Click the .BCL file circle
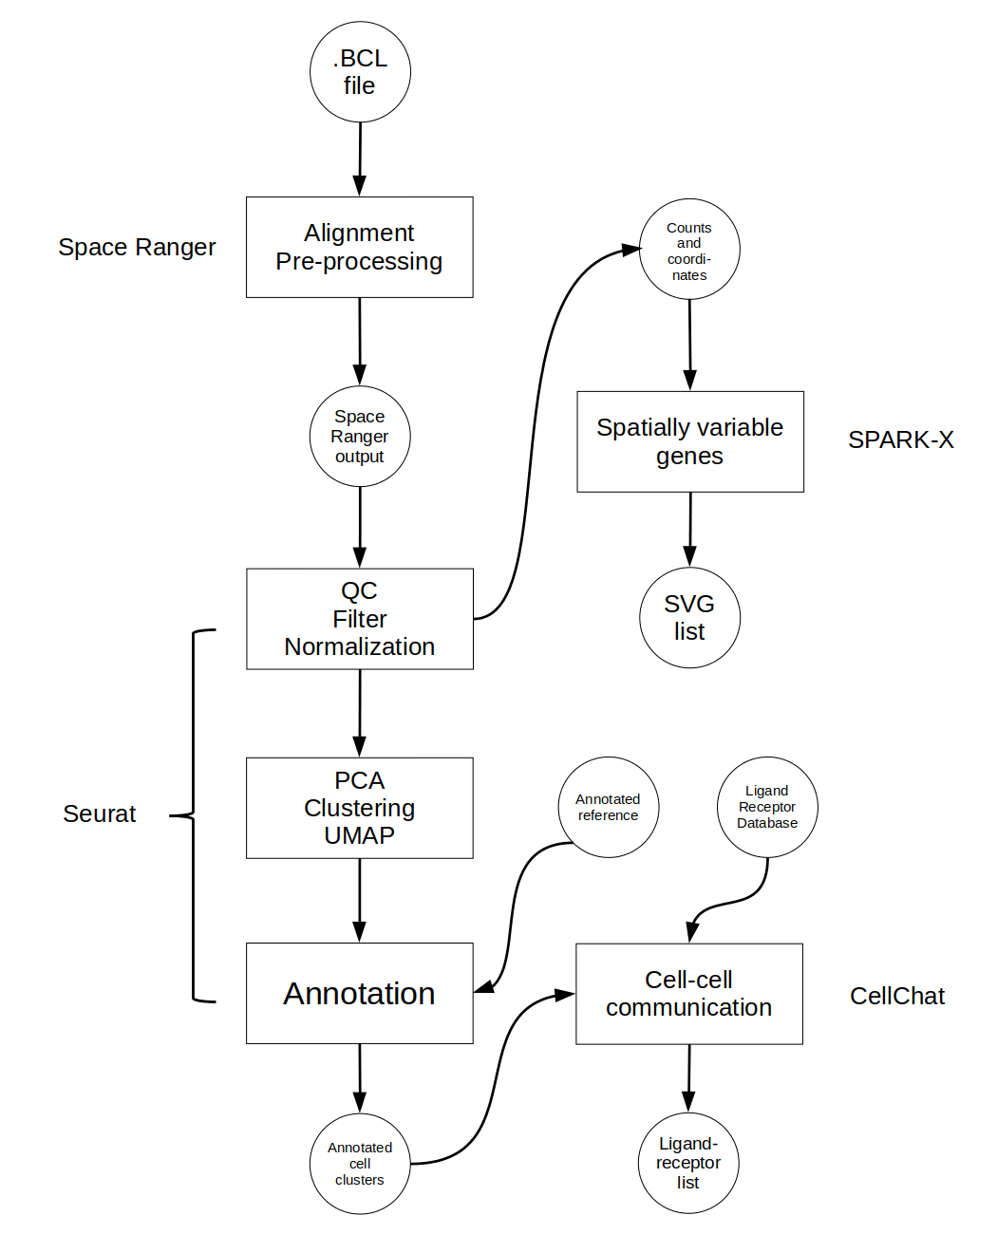[360, 72]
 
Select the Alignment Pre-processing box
[359, 247]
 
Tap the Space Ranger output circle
[360, 437]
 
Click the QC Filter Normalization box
[360, 619]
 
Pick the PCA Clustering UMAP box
[360, 808]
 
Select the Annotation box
[360, 993]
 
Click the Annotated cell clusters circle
[360, 1164]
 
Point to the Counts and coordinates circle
[689, 250]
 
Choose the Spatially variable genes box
[690, 441]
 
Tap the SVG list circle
[689, 618]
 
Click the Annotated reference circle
[609, 807]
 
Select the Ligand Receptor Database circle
[767, 807]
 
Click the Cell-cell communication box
[689, 994]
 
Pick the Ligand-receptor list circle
[688, 1163]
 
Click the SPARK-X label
[900, 440]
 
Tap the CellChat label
[897, 996]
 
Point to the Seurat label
[100, 813]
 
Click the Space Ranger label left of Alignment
[137, 247]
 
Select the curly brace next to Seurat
[194, 814]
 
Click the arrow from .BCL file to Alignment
[360, 159]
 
